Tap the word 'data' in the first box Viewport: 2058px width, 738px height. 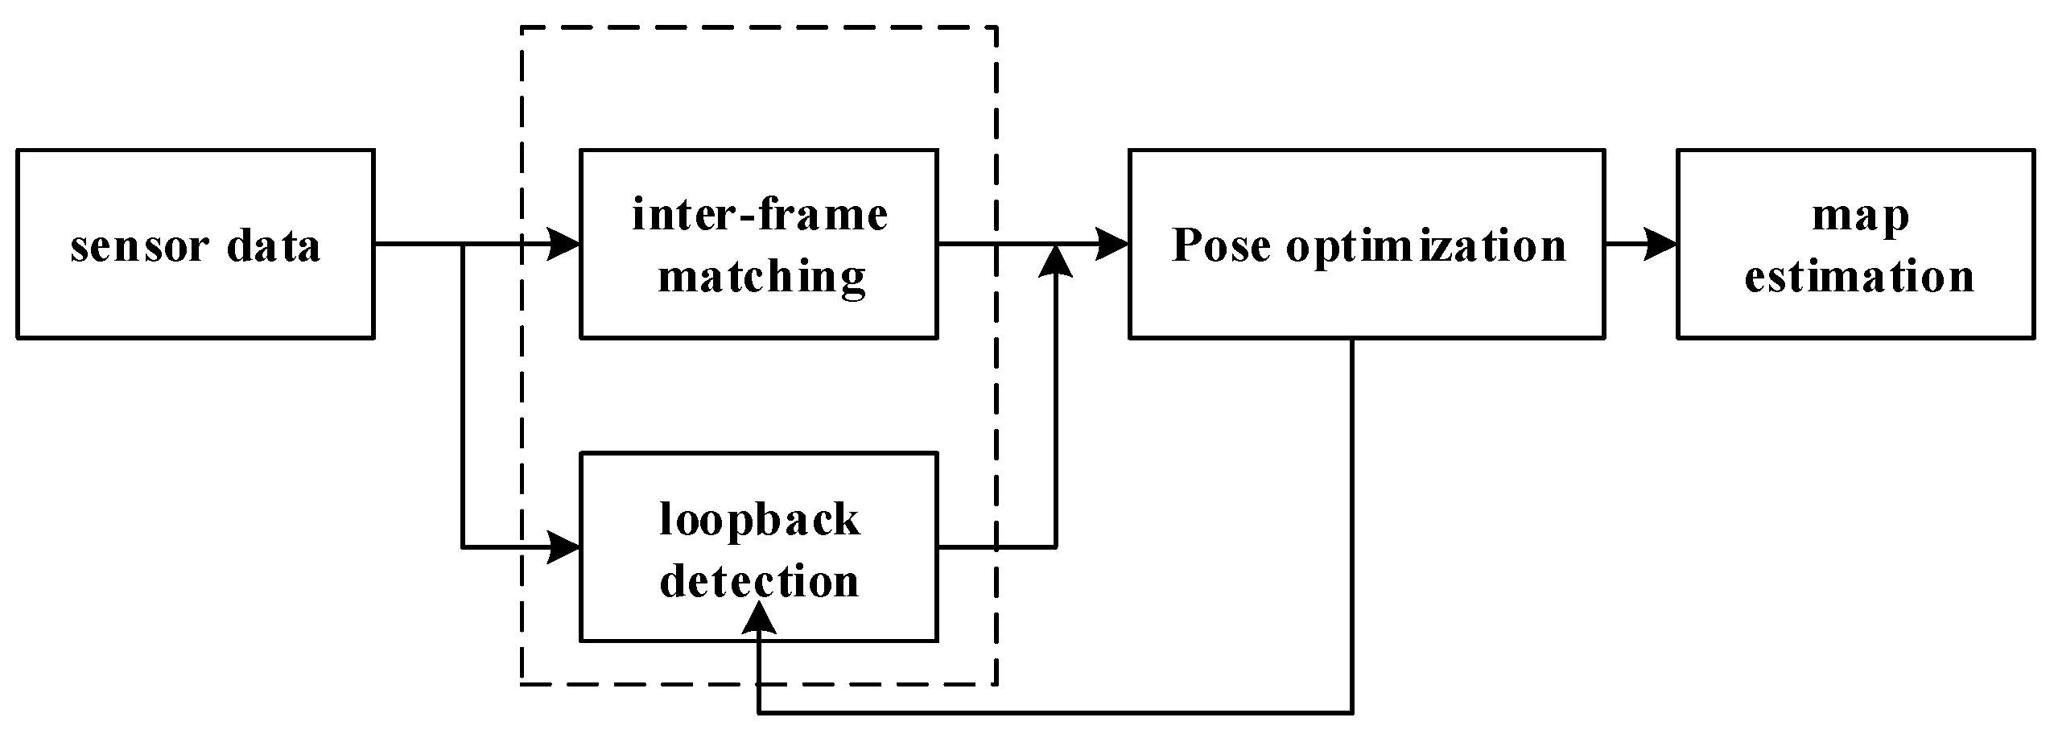coord(274,245)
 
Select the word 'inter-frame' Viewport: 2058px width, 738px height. coord(759,215)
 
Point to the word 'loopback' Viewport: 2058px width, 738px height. coord(759,519)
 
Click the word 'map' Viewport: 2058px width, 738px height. coord(1860,216)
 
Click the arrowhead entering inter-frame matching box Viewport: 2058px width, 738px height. coord(564,244)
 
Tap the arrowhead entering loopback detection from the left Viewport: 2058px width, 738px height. coord(564,547)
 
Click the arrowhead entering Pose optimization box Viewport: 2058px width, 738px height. coord(1112,244)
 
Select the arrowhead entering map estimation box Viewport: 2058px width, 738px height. coord(1660,244)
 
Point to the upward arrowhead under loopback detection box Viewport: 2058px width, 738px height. coord(758,618)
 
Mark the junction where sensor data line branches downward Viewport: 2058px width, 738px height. coord(463,244)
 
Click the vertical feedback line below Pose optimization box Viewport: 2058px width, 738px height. coord(1352,523)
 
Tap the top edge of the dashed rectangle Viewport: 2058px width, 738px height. coord(759,28)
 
